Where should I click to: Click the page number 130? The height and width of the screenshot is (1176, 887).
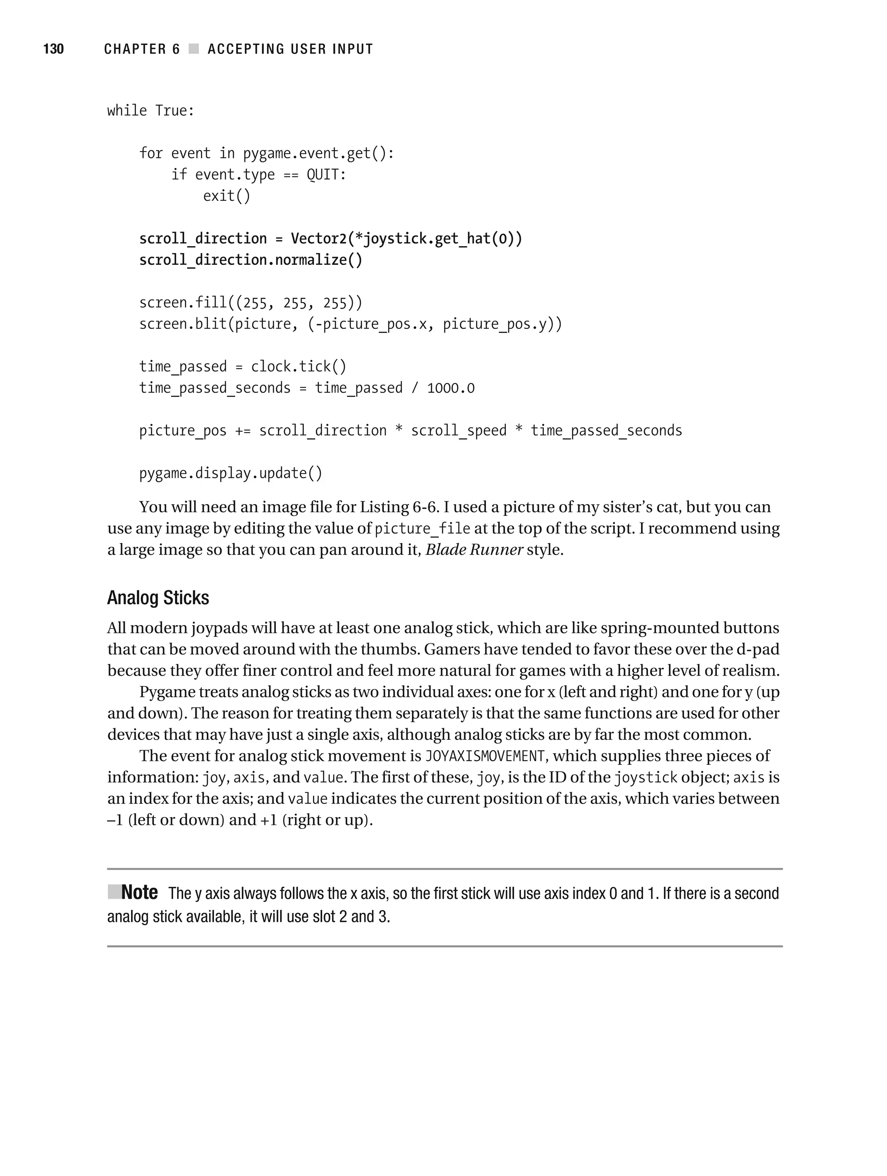click(53, 49)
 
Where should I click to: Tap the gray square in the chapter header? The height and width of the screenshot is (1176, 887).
click(194, 49)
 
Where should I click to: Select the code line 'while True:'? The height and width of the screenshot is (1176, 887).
click(151, 110)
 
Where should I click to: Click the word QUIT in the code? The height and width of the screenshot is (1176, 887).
click(325, 174)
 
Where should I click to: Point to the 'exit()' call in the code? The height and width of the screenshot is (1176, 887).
click(226, 196)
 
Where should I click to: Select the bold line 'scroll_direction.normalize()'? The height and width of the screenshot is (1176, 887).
click(251, 260)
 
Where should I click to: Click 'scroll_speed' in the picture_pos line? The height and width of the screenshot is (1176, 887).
click(459, 431)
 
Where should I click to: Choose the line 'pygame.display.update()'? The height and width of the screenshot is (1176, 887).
click(231, 473)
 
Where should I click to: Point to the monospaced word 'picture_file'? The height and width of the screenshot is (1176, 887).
click(422, 529)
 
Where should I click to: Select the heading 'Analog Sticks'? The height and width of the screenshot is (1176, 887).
click(158, 598)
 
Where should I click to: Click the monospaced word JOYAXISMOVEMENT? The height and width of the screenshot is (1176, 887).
click(485, 756)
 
